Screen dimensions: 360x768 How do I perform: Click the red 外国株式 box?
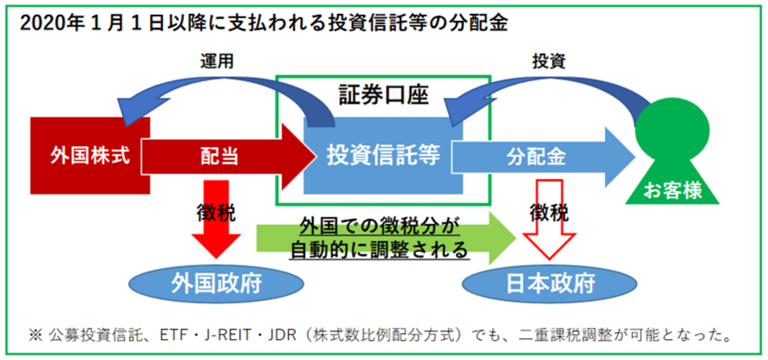click(89, 156)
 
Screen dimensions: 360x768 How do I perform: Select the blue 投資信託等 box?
click(383, 156)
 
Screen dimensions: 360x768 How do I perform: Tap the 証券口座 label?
click(383, 94)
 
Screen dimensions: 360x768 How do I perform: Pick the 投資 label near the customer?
click(549, 61)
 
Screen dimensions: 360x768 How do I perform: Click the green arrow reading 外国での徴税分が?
click(378, 226)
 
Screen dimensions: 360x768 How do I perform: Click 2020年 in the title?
click(45, 24)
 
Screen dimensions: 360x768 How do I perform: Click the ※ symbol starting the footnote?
click(35, 336)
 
